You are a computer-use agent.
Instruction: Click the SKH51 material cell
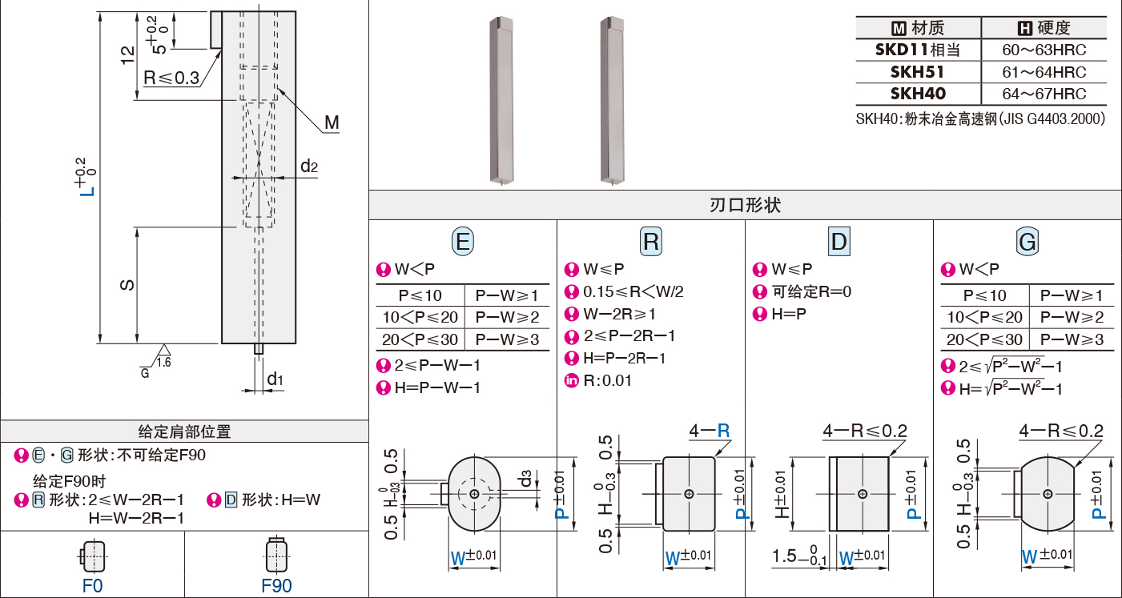tap(917, 71)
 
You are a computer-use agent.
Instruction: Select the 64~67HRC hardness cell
tap(1044, 94)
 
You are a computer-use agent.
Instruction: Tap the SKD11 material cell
tap(917, 50)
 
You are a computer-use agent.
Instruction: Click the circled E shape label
tap(463, 241)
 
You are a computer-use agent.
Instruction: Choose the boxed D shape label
tap(839, 241)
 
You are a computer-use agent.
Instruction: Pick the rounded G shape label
tap(1027, 241)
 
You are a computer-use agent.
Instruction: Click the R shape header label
tap(651, 241)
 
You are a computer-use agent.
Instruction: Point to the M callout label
tap(332, 122)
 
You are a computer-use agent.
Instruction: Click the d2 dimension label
tap(309, 167)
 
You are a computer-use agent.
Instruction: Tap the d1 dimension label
tap(275, 378)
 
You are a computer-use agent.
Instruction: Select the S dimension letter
tap(126, 285)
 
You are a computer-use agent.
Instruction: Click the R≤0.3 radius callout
tap(171, 78)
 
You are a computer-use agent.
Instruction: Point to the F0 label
tap(93, 585)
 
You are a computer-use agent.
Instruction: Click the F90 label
tap(276, 585)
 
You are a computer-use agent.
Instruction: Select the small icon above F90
tap(276, 554)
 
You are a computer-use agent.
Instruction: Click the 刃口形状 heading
tap(745, 205)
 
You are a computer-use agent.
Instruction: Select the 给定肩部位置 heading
tap(184, 431)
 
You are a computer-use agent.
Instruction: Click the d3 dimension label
tap(525, 480)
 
